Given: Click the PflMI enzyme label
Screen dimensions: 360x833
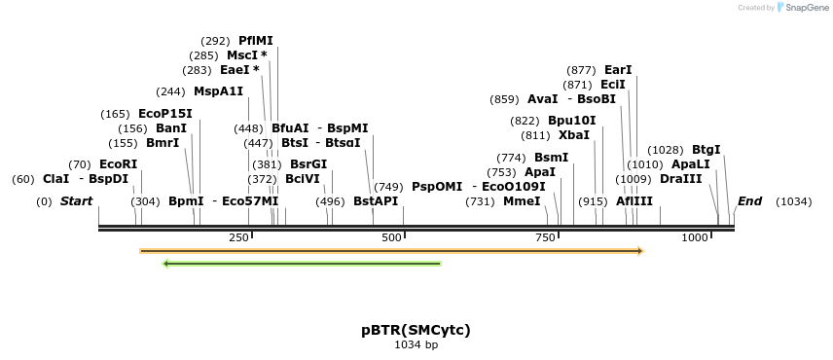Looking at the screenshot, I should tap(256, 41).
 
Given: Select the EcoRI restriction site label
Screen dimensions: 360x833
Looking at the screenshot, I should tap(118, 164).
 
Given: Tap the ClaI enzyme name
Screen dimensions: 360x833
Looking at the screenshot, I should tap(55, 179).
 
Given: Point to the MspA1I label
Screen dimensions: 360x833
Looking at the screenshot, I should tap(218, 91).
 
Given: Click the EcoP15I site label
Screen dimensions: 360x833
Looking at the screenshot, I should tap(165, 114).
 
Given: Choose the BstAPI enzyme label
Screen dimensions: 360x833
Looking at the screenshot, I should tap(376, 201).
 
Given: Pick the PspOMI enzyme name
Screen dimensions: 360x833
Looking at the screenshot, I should tap(437, 186).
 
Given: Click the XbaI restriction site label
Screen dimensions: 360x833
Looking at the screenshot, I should tap(574, 135).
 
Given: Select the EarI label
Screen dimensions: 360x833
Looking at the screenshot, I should tap(618, 70).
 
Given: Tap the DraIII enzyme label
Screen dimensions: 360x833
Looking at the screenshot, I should tap(680, 179).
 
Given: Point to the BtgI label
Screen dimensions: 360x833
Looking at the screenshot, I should tap(706, 150).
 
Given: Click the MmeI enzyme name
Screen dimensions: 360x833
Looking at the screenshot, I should tap(522, 201).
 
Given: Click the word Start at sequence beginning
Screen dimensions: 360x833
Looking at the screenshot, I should tap(76, 201).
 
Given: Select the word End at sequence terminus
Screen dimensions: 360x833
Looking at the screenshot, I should tap(749, 201).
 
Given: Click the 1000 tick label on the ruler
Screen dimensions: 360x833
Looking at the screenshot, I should tap(694, 238).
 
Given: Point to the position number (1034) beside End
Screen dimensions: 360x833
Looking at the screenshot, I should tap(793, 201).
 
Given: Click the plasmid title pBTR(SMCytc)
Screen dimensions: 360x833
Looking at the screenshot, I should tap(416, 330).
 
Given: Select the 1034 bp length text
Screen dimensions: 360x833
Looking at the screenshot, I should tap(416, 344).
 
